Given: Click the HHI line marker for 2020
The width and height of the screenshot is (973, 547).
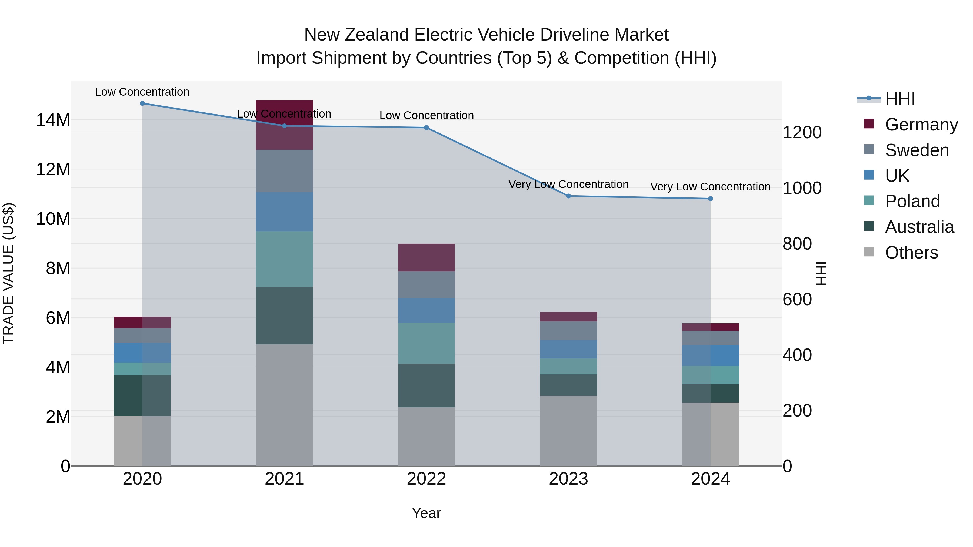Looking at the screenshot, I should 142,103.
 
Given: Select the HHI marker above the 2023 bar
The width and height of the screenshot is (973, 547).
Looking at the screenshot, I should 568,196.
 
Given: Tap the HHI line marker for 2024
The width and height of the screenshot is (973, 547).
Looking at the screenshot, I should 711,199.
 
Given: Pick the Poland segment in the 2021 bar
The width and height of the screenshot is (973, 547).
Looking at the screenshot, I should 284,259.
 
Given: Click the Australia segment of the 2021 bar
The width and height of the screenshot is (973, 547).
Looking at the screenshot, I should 284,315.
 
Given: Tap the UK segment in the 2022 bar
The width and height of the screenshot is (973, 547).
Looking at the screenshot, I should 426,310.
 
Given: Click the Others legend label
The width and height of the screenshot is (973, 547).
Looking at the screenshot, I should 911,253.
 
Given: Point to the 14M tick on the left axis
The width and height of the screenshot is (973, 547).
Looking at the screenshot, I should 53,120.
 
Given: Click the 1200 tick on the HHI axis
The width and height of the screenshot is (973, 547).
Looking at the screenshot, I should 802,133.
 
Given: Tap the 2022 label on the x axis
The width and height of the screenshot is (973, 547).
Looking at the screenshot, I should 426,479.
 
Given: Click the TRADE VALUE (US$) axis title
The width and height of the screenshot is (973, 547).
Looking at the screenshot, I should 8,273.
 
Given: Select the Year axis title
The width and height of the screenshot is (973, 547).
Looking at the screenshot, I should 426,513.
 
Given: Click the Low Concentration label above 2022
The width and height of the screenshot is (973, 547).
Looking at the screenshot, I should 426,116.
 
